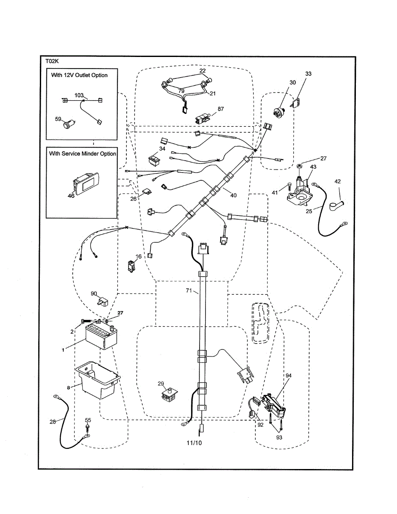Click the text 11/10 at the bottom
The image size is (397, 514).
tap(194, 442)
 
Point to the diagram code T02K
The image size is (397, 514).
tap(52, 61)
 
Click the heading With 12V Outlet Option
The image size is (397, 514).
tap(79, 75)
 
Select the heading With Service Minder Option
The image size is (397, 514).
tap(82, 153)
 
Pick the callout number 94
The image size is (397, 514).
tap(289, 375)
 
